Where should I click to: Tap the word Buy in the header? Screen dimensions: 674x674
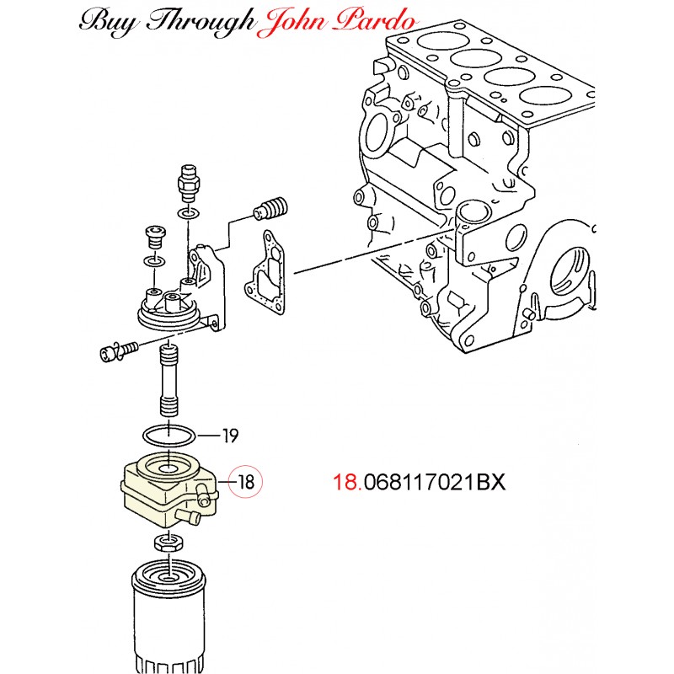[106, 22]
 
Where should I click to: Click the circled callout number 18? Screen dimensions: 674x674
[246, 483]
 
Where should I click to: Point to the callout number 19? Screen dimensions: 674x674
[229, 436]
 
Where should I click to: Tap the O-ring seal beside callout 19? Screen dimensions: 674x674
[168, 436]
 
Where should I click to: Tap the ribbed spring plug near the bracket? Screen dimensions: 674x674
[271, 207]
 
